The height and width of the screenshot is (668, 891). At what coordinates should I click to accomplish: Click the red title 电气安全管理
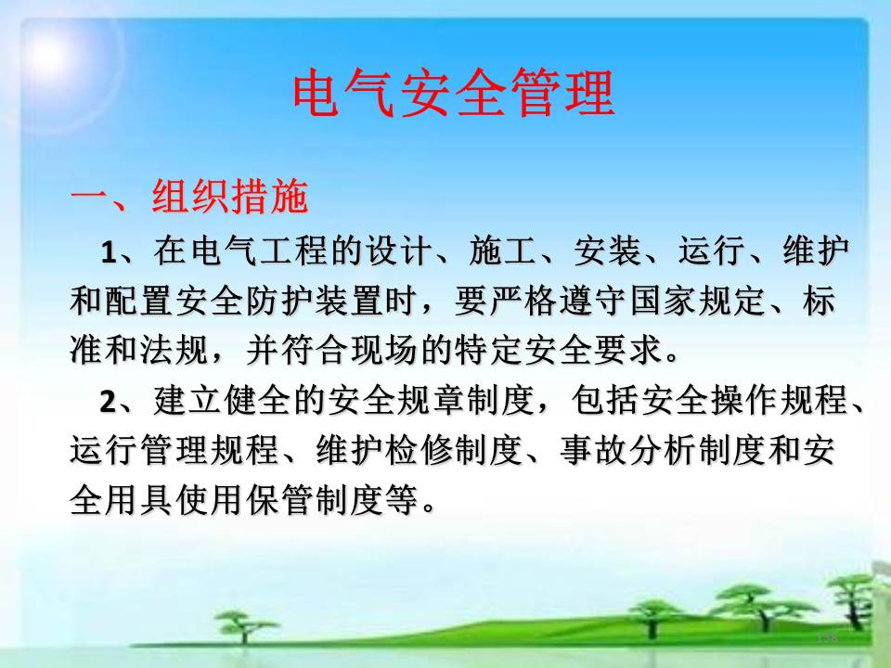tap(454, 93)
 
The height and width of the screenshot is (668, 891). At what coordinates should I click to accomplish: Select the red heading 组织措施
tap(230, 197)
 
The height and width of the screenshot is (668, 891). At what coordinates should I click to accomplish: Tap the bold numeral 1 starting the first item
tap(108, 251)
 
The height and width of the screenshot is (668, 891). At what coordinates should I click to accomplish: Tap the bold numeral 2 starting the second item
tap(108, 402)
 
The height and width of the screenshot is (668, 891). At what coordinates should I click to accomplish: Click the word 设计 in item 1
tap(399, 250)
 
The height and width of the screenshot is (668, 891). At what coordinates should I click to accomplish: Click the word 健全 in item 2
tap(259, 401)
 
